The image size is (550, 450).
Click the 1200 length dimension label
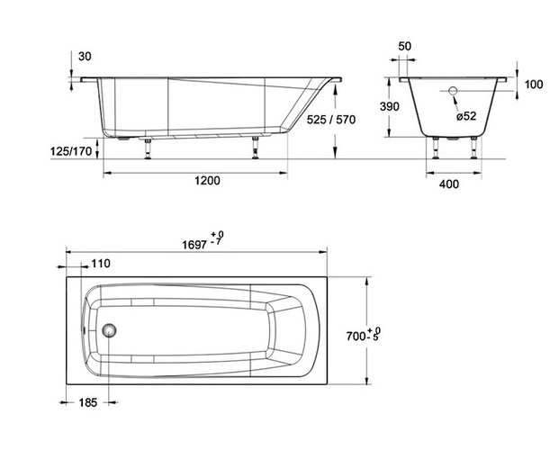point(207,181)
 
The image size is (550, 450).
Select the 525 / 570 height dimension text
point(331,120)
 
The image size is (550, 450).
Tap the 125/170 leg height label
point(71,151)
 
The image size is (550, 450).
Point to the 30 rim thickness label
point(85,56)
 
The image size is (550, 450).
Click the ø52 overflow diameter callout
point(466,116)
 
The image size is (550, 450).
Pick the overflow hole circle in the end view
point(453,91)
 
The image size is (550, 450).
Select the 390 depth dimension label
point(390,106)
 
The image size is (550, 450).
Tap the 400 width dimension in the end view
point(449,184)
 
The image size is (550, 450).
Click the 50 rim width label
point(405,46)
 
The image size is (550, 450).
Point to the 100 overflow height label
point(534,85)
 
